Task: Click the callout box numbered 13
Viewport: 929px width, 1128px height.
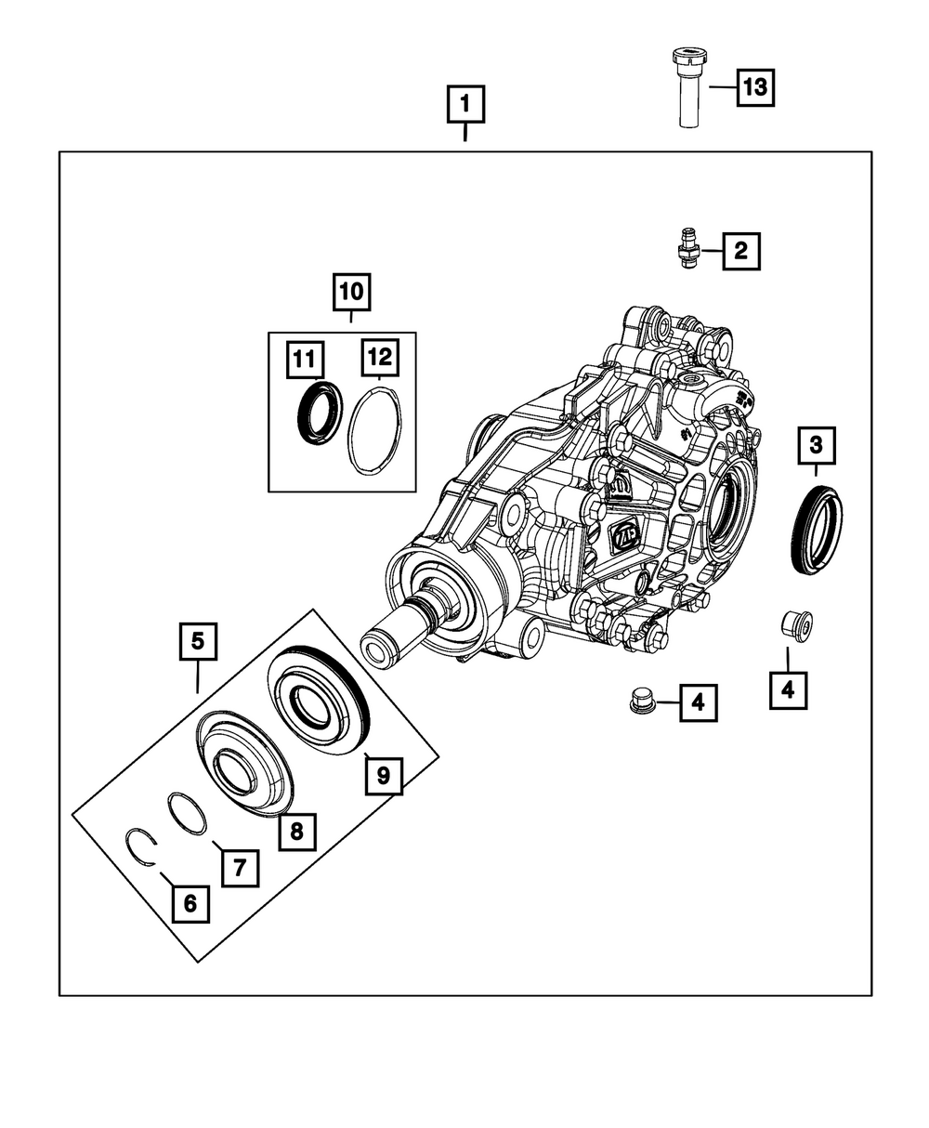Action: [755, 88]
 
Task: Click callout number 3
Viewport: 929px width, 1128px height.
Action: [816, 445]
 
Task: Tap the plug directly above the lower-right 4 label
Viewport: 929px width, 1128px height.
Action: [797, 624]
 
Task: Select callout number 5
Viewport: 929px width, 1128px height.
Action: [198, 641]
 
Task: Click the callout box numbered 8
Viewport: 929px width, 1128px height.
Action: [296, 831]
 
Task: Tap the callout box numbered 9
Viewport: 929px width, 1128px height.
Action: [384, 773]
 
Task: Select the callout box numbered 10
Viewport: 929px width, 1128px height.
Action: [352, 292]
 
